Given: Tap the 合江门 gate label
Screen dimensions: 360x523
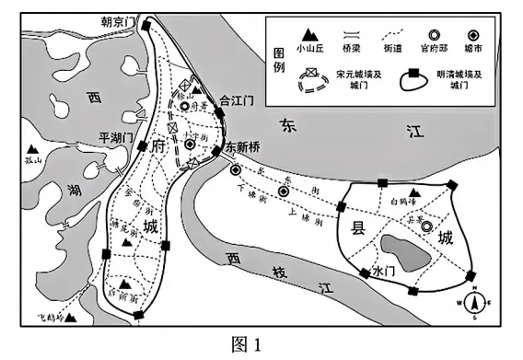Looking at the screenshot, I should coord(237,95).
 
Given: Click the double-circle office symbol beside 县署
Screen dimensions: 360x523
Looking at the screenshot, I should coord(426,226).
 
